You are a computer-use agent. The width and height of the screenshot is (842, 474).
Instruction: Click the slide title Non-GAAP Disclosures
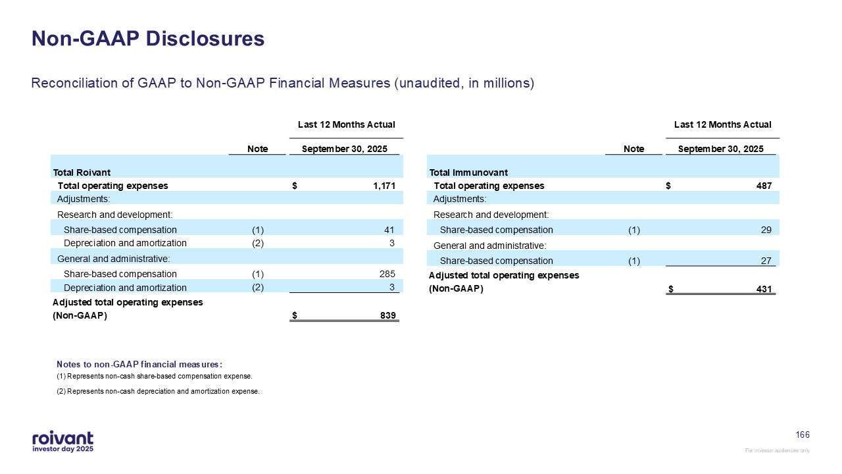148,39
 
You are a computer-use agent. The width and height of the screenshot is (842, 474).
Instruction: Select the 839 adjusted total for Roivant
388,316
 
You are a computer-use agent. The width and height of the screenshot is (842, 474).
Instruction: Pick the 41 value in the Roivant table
389,230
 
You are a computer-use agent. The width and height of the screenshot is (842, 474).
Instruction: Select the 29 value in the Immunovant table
766,230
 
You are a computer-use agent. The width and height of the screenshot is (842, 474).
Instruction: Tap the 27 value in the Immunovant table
766,261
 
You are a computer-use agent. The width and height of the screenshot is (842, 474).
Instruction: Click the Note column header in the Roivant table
257,149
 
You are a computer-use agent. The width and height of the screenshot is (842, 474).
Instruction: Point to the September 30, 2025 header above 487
721,149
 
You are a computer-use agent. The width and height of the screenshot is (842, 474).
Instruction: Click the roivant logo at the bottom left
62,442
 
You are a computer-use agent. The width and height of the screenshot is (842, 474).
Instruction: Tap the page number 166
803,435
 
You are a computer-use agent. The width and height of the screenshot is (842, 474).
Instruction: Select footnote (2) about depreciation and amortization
158,392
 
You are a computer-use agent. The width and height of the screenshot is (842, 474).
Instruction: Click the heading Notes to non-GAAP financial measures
139,364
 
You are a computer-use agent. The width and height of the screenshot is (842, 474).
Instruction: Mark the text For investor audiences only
777,450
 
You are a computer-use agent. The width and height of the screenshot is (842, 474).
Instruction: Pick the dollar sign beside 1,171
295,186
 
